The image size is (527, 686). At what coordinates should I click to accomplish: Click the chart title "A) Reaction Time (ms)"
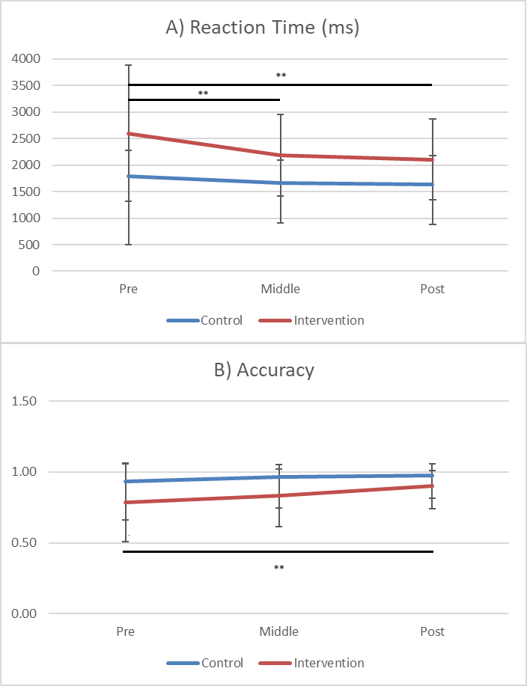point(263,29)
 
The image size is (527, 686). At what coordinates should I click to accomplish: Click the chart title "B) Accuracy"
point(263,370)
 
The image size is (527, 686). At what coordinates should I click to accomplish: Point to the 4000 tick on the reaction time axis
point(25,59)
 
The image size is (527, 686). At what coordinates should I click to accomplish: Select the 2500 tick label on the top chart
point(25,139)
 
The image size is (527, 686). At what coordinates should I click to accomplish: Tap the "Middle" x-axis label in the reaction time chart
point(279,290)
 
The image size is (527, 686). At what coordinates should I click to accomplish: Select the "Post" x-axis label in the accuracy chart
point(432,632)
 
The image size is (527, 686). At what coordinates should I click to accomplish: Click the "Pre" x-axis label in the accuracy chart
point(126,632)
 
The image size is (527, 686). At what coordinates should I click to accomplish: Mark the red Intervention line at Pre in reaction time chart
point(129,134)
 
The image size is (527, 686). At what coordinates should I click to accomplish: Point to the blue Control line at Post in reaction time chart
point(432,184)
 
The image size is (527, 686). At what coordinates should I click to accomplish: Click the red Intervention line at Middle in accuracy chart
point(279,495)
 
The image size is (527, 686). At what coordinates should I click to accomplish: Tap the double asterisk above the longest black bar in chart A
point(281,76)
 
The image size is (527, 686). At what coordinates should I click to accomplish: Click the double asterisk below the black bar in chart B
point(278,568)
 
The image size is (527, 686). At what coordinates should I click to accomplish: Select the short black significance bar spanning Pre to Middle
point(204,99)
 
